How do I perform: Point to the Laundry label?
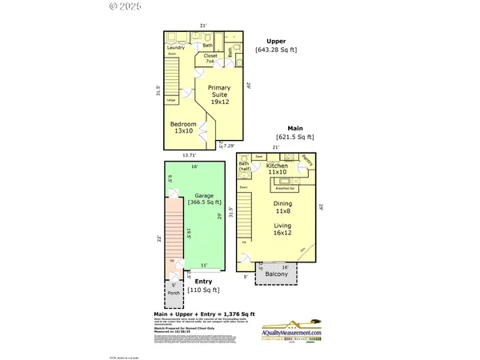176,48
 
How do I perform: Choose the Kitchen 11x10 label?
278,169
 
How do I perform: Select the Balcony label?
276,274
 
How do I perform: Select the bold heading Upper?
277,41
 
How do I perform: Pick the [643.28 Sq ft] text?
276,50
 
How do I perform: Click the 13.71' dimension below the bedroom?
189,154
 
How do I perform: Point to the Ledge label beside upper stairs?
171,100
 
